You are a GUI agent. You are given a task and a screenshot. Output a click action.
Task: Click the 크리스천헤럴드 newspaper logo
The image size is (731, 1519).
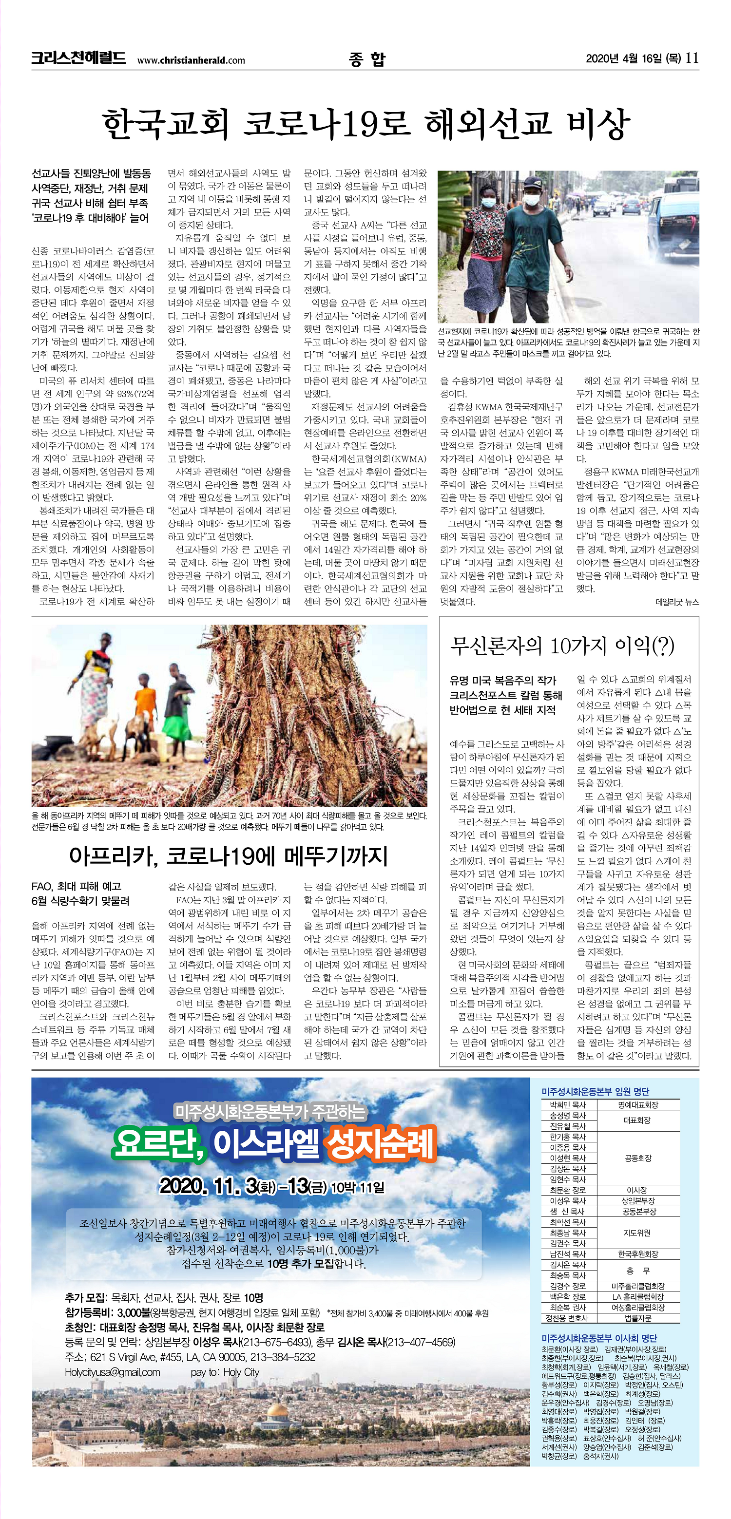pos(78,58)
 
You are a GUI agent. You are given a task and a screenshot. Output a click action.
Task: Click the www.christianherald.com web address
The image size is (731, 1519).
pos(191,60)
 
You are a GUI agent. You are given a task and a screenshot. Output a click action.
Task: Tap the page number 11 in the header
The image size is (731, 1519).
pos(692,58)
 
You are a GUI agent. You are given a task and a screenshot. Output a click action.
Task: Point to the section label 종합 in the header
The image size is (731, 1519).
pos(366,59)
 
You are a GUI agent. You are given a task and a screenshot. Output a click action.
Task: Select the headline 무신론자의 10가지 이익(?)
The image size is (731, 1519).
pos(562,646)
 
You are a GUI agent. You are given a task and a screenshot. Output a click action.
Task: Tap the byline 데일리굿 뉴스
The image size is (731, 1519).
pos(677,602)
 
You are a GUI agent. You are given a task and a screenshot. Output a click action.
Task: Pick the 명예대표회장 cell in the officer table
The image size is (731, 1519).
pos(638,1104)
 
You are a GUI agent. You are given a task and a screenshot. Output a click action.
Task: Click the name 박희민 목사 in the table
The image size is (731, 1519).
pos(568,1104)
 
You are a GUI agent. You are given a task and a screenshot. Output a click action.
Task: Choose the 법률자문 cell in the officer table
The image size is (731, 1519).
pos(638,1318)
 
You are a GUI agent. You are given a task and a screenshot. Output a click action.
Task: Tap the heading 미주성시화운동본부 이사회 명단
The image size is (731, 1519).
pos(599,1338)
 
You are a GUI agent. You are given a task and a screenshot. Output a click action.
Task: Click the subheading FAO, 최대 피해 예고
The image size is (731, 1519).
pos(76,886)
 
